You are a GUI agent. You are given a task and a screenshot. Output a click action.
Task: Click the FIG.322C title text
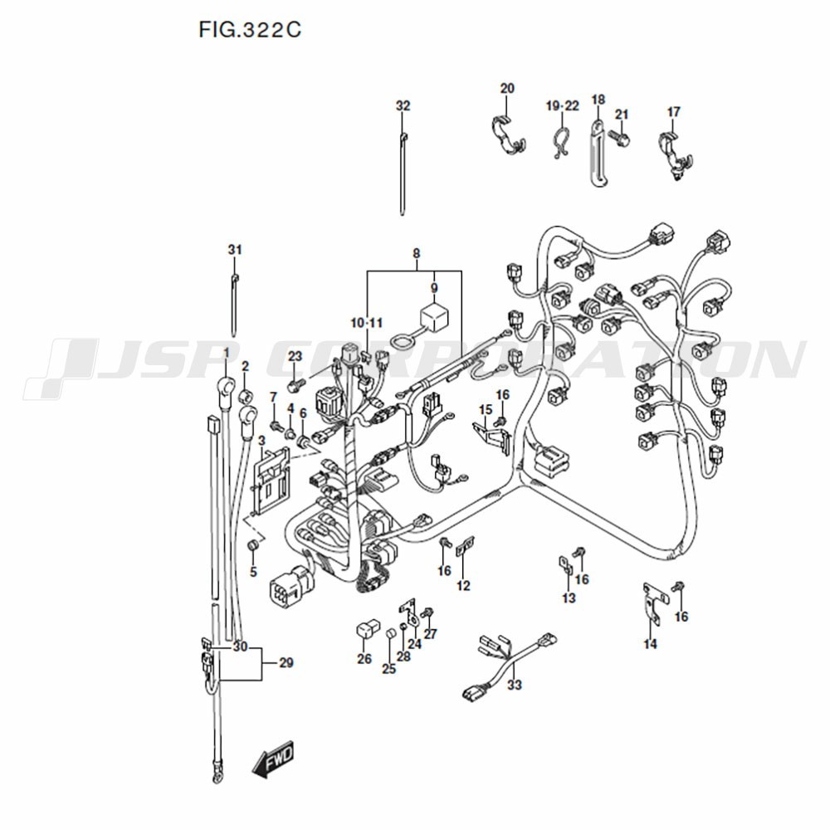(249, 31)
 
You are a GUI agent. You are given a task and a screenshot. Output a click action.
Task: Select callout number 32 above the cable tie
(403, 106)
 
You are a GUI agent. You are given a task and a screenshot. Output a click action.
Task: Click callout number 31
(235, 250)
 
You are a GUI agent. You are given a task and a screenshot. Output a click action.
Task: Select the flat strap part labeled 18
(596, 146)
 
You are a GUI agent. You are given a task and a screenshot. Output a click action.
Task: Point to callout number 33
(515, 685)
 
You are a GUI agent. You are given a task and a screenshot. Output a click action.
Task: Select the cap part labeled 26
(364, 632)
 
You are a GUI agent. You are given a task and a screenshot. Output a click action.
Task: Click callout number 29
(286, 663)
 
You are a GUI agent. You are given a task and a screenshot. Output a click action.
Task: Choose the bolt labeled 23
(294, 385)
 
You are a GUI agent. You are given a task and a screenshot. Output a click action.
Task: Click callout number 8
(416, 252)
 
